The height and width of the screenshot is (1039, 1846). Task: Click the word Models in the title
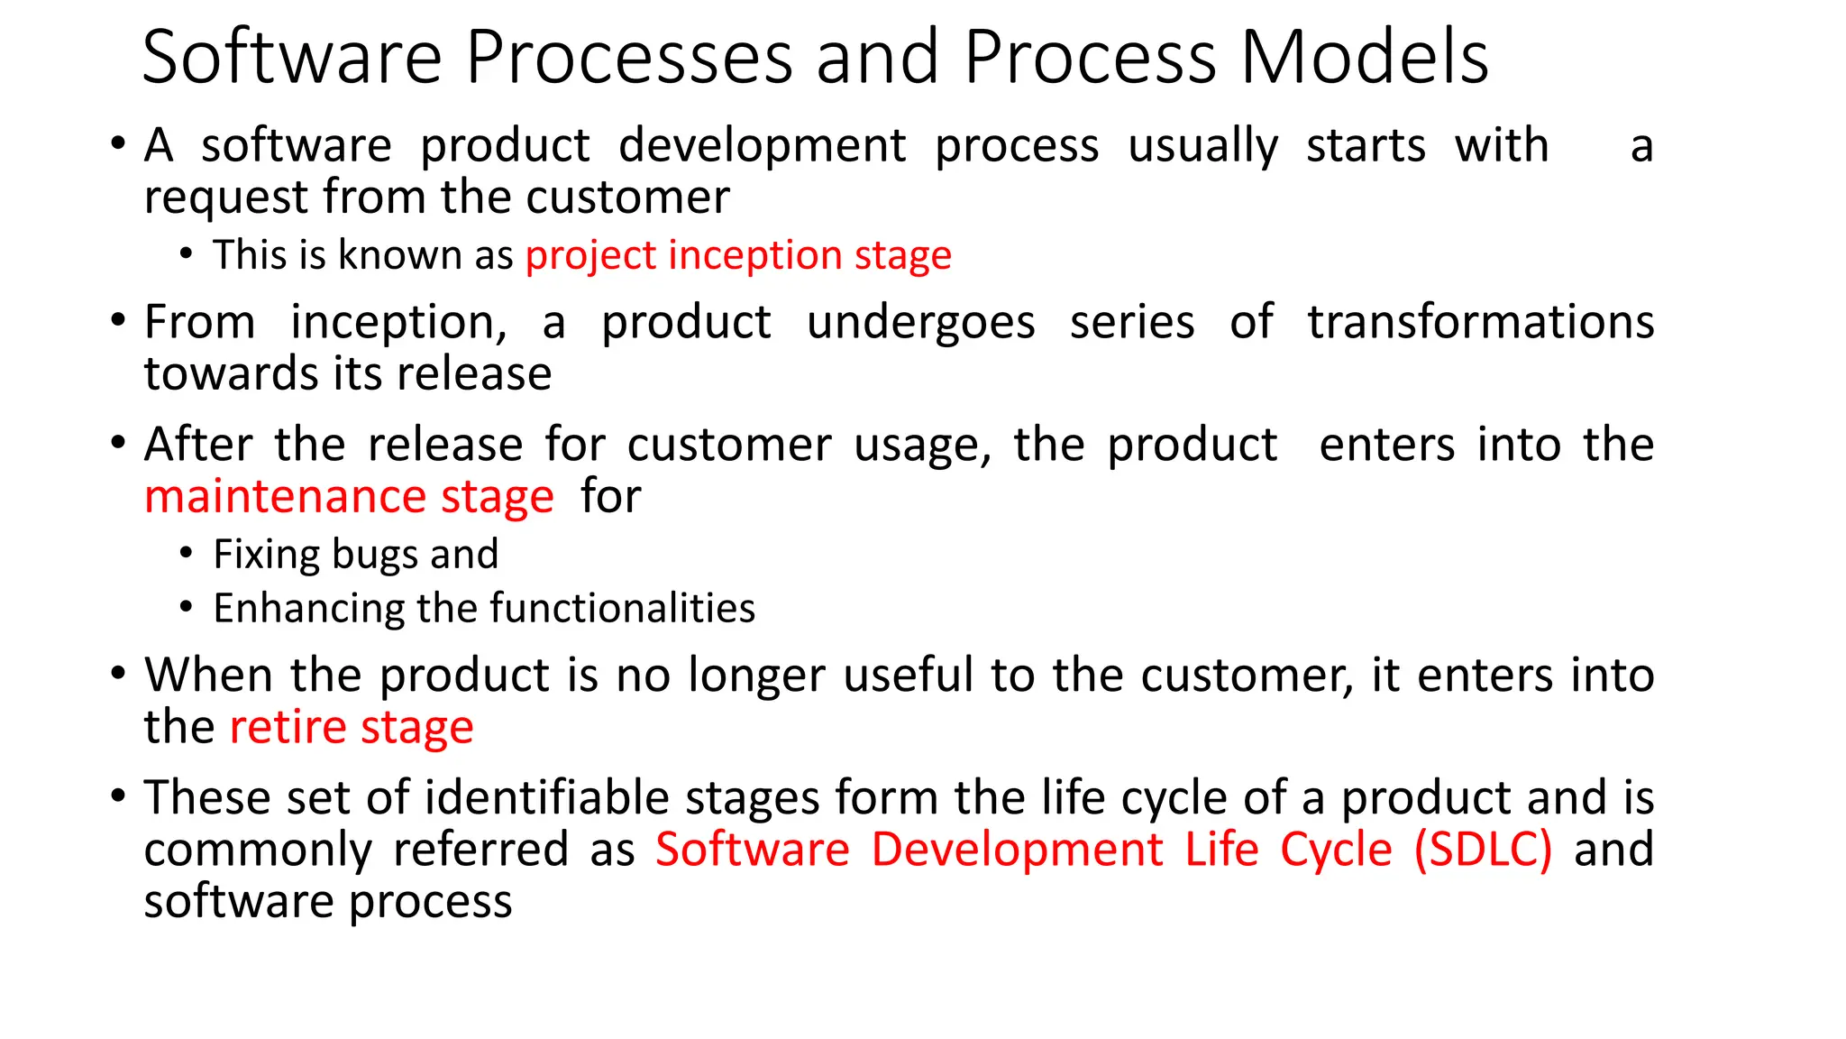[x=1365, y=58]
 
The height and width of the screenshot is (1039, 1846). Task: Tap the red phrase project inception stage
[x=738, y=256]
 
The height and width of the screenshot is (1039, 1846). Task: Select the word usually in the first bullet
[x=1202, y=147]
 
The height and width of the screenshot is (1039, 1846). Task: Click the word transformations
[x=1480, y=323]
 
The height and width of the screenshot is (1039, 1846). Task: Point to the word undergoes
[x=920, y=323]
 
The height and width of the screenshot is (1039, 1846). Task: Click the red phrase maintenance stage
[x=349, y=498]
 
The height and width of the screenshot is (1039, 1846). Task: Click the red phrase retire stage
[x=352, y=728]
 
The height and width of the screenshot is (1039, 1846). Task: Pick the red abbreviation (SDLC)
[x=1483, y=851]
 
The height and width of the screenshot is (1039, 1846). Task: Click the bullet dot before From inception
[x=117, y=321]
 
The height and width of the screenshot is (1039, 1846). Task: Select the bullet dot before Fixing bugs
[x=186, y=552]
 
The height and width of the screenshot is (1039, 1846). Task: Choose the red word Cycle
[x=1336, y=851]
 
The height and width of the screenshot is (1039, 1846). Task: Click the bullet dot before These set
[x=117, y=796]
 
